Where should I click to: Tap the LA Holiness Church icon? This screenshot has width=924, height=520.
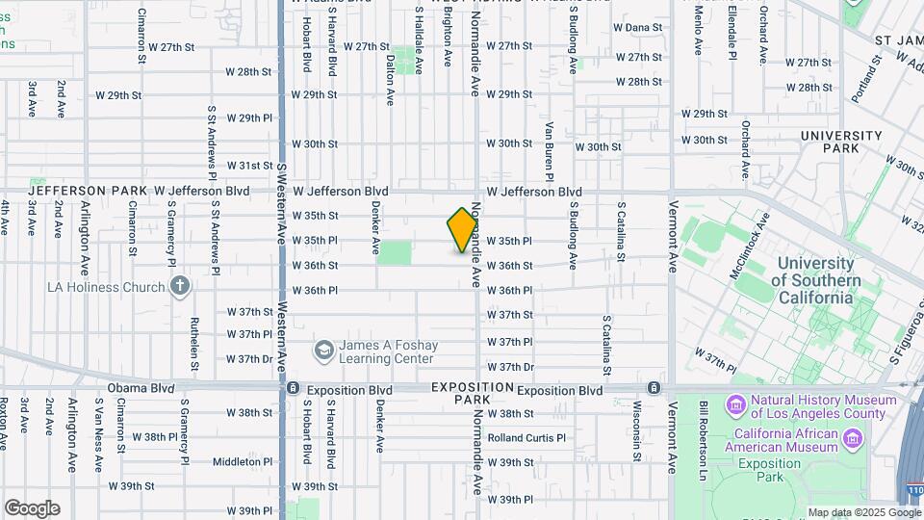click(x=180, y=286)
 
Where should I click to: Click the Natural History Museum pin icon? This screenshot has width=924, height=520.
click(x=737, y=403)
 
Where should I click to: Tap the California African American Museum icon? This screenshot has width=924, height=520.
click(x=853, y=439)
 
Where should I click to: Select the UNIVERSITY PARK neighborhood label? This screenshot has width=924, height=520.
click(x=841, y=143)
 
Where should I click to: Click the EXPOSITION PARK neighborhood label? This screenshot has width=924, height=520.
click(x=473, y=392)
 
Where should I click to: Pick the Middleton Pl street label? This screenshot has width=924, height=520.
click(x=237, y=462)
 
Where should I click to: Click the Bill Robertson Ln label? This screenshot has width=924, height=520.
click(x=705, y=429)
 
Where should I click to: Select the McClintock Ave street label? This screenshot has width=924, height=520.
click(x=751, y=252)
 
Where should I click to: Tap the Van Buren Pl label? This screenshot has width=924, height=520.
click(x=548, y=151)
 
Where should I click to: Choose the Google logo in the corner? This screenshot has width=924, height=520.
click(x=32, y=508)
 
